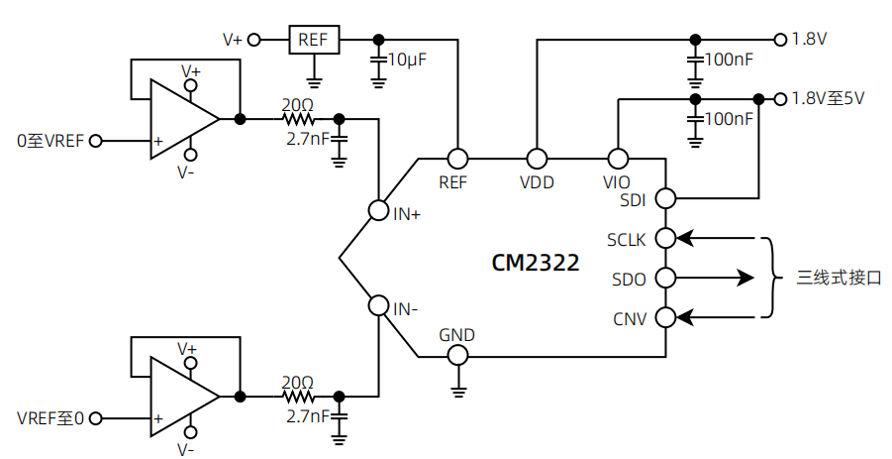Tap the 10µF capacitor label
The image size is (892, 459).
[407, 60]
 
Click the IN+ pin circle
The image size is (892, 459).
[378, 210]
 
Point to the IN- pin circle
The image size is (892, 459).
[378, 305]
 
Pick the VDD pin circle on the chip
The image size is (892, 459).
[537, 159]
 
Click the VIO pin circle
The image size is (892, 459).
[617, 159]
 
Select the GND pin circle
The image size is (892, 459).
[457, 355]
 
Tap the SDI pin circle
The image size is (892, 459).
[665, 198]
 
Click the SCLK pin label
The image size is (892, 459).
[626, 240]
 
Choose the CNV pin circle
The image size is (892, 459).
[665, 317]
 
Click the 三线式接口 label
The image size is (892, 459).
[839, 279]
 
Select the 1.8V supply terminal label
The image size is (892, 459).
[809, 40]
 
